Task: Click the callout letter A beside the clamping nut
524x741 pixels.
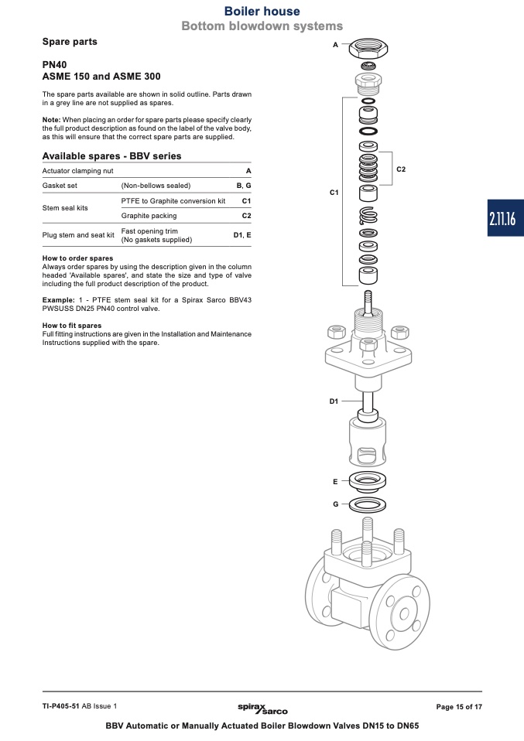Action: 335,45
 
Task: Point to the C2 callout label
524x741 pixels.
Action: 401,169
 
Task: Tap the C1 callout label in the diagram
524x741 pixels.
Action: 334,191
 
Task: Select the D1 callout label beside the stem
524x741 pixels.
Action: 334,401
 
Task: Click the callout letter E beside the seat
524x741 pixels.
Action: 335,481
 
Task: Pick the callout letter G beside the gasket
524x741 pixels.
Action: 335,504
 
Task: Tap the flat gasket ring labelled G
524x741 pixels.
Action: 368,505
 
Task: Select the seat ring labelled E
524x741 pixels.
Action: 368,482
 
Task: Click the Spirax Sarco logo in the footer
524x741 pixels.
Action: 262,707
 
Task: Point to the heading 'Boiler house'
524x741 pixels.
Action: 262,11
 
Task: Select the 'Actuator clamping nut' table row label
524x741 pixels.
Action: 77,170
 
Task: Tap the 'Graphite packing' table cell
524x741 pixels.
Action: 149,216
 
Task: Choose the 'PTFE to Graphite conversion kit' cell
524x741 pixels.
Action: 173,201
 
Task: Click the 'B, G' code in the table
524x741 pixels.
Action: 244,186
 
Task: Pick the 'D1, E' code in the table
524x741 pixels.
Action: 242,234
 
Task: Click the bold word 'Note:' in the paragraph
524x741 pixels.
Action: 51,120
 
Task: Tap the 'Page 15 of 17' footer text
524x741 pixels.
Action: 459,707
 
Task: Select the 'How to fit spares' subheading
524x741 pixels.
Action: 71,326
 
